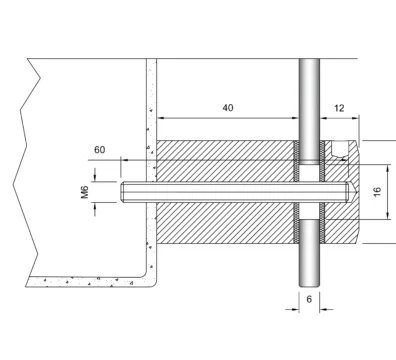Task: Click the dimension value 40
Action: pos(228,108)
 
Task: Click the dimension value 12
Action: pos(339,108)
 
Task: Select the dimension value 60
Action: pos(99,150)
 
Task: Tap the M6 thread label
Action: pos(85,192)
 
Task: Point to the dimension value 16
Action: pos(377,192)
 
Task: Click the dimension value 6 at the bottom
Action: pos(309,299)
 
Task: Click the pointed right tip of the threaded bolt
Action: pos(356,192)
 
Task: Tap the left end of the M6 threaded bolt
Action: pos(121,192)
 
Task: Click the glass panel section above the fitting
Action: pos(309,110)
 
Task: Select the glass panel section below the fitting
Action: pos(309,253)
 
